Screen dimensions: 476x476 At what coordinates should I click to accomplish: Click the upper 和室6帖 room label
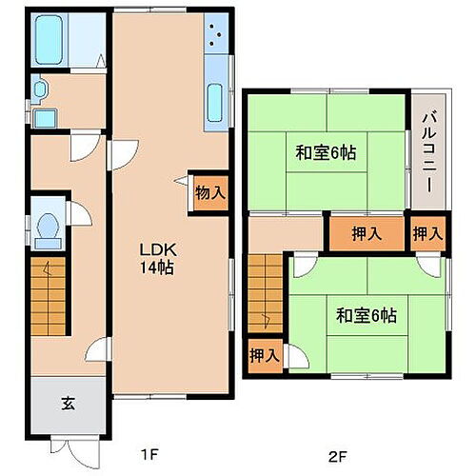coord(325,152)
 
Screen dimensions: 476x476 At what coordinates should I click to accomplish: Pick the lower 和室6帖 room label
coord(366,315)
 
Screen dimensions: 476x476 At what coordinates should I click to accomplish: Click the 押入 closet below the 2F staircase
coord(265,356)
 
